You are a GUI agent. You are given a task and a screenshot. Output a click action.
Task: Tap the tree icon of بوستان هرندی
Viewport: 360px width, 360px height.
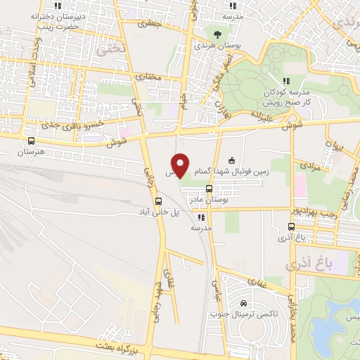pos(217,33)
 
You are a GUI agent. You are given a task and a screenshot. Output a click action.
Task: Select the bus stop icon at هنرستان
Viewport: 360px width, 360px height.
pos(30,141)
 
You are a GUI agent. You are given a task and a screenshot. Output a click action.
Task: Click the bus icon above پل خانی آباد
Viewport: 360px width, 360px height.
pos(157,200)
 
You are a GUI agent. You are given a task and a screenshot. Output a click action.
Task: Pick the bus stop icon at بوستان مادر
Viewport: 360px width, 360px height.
pos(209,188)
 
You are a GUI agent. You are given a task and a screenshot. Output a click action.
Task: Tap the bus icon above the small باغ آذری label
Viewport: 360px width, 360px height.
pos(292,226)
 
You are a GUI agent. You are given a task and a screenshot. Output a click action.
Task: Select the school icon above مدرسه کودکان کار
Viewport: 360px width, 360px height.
pos(286,82)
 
